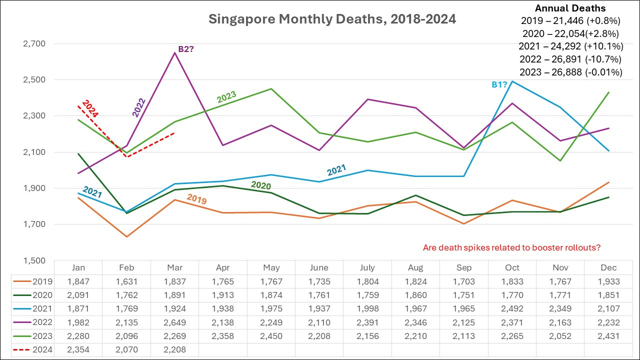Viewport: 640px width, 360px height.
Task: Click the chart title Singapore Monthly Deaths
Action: (x=332, y=19)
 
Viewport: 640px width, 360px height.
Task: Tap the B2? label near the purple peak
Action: (x=186, y=49)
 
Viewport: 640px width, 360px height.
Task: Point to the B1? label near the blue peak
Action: (x=499, y=84)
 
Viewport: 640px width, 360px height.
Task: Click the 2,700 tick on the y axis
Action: (x=34, y=43)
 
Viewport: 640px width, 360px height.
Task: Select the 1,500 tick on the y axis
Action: (x=34, y=260)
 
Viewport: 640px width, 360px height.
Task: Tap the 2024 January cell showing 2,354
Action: (x=78, y=349)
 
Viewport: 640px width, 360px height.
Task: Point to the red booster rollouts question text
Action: (x=511, y=247)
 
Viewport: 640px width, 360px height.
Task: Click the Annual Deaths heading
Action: (x=570, y=8)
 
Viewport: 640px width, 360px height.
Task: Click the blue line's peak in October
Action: (x=512, y=81)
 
